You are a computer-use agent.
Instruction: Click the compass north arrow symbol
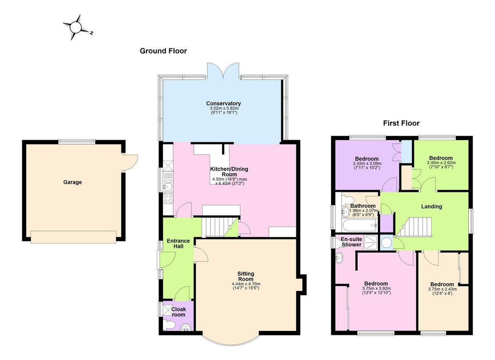tap(76, 28)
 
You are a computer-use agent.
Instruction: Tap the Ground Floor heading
tap(163, 51)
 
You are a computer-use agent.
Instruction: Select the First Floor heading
tap(401, 123)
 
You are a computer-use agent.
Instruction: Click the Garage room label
tap(73, 182)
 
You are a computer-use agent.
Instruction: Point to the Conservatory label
tap(223, 103)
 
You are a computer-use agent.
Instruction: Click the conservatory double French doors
tap(223, 71)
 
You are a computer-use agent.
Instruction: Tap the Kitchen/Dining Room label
tap(229, 172)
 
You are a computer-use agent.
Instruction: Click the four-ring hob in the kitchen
tap(168, 199)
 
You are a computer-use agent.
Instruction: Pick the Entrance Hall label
tap(178, 243)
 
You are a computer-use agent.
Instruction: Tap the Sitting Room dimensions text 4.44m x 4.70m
tap(246, 284)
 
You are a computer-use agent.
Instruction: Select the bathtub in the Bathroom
tap(360, 225)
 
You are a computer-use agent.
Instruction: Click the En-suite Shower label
tap(351, 242)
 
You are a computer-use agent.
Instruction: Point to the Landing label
tap(432, 206)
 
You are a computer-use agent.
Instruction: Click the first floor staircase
tap(414, 227)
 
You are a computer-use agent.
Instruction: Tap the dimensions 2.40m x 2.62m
tap(441, 163)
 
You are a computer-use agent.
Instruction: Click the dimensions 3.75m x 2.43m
tap(442, 289)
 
